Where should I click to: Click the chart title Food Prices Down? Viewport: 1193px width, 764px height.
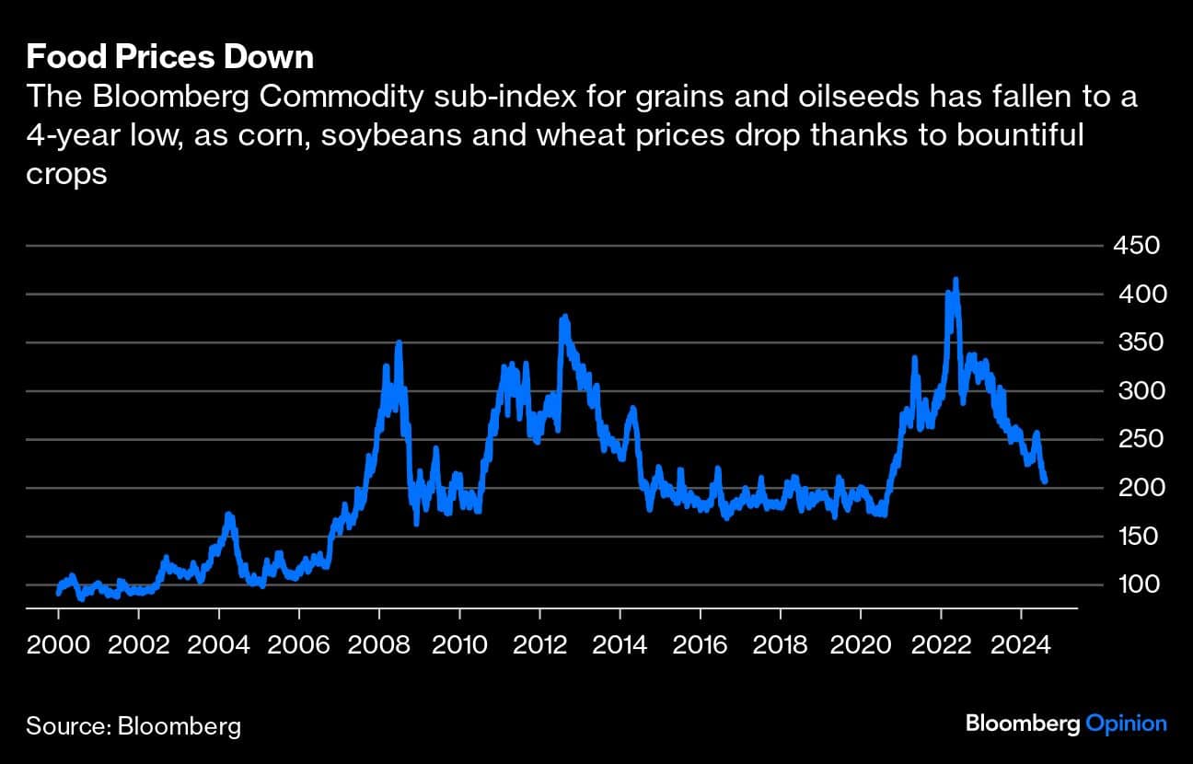click(x=170, y=58)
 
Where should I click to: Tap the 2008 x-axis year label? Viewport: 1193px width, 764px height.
click(x=379, y=643)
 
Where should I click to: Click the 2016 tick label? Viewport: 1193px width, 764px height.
click(x=701, y=643)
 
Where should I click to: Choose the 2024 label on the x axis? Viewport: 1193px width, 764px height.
click(x=1021, y=643)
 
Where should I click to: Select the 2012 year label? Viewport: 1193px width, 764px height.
click(x=540, y=643)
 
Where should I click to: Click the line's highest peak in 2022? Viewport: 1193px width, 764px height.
click(x=956, y=280)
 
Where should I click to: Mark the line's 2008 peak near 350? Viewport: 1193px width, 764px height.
click(x=399, y=342)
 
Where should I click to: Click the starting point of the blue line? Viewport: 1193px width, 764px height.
click(x=58, y=593)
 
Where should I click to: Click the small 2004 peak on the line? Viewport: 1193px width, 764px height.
click(x=228, y=515)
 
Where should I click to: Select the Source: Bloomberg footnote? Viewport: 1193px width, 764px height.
click(x=133, y=725)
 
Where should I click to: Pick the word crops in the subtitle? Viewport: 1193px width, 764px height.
click(x=67, y=174)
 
